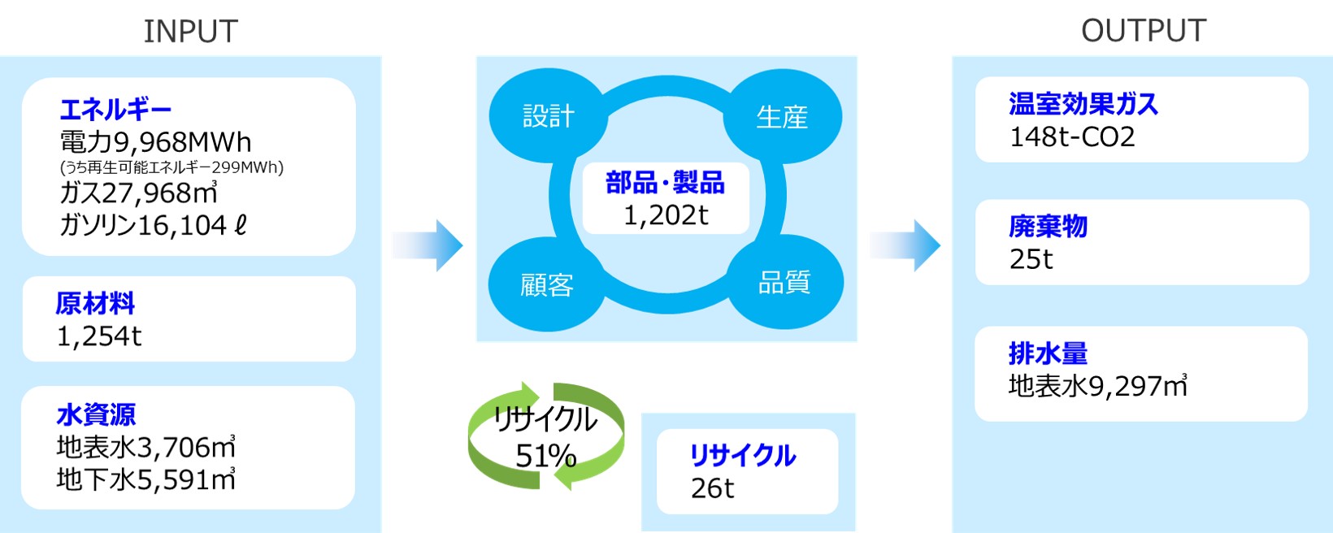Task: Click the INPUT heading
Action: (x=190, y=32)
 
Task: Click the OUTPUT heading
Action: (x=1143, y=31)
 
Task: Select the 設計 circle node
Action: (x=548, y=116)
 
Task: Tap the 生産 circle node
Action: (x=782, y=117)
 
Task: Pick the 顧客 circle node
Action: (x=546, y=285)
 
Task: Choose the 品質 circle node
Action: (x=784, y=283)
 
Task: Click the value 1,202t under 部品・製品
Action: (x=666, y=215)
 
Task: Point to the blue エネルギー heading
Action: (x=115, y=109)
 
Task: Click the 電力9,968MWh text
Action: (x=155, y=142)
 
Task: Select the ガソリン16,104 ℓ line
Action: (x=153, y=225)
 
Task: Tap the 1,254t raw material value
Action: (x=99, y=336)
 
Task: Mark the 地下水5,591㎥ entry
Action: (x=146, y=479)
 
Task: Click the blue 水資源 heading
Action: (x=96, y=414)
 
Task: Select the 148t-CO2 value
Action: (x=1072, y=136)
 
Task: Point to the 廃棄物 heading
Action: (x=1048, y=226)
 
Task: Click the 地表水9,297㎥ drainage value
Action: (x=1097, y=386)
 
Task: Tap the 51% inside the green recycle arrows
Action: (x=545, y=456)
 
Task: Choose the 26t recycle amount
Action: (x=712, y=488)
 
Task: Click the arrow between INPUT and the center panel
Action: (x=428, y=245)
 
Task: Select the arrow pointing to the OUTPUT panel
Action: (x=905, y=245)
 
